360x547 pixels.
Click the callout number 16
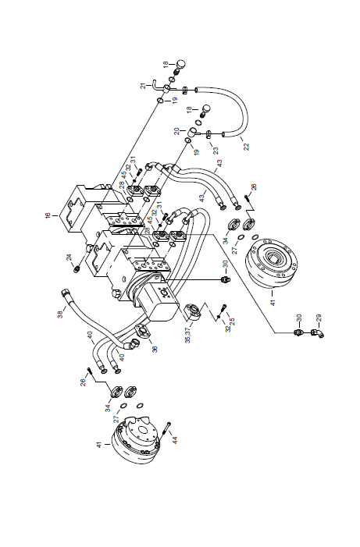[x=48, y=215]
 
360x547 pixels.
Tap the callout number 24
[x=70, y=258]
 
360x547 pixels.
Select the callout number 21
[x=144, y=86]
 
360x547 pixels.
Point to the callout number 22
[x=247, y=147]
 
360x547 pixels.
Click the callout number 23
[x=216, y=151]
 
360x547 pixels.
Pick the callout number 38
[x=61, y=314]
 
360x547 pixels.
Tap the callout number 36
[x=155, y=349]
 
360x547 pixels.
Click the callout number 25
[x=232, y=321]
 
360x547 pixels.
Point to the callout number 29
[x=318, y=318]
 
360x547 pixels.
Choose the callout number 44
[x=175, y=440]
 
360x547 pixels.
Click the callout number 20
[x=177, y=131]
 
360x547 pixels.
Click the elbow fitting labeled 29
[x=318, y=333]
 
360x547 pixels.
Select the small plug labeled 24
[x=77, y=270]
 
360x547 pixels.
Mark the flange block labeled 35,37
[x=193, y=311]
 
